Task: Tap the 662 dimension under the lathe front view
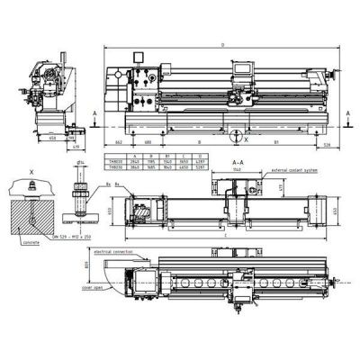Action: tap(118, 142)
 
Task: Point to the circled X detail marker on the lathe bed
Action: tap(237, 137)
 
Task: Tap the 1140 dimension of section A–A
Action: tap(236, 166)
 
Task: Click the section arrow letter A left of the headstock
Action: tap(96, 113)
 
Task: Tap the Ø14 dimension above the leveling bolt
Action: tap(81, 162)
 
